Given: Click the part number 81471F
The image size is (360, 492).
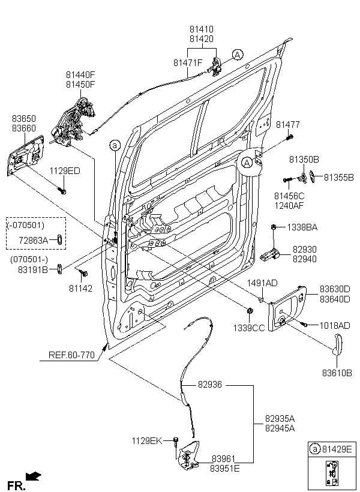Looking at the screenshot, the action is tap(188, 63).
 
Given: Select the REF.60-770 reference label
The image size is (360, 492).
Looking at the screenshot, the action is tap(71, 355).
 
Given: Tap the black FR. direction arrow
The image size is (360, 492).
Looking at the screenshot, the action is tap(33, 476).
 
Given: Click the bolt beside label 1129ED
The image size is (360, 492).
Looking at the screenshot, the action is tap(62, 190).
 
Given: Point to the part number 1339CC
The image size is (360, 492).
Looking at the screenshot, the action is tap(249, 328).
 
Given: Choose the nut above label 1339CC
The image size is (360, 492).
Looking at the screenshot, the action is tap(250, 311).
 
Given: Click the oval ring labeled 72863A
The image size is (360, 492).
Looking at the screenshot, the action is tap(59, 240).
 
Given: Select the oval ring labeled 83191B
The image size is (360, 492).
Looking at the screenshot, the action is tap(59, 269).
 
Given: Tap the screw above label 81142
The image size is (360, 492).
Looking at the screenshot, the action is tap(83, 273).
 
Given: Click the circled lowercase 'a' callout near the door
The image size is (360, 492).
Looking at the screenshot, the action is tap(115, 145).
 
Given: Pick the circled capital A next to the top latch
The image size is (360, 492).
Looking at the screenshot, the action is tap(238, 55).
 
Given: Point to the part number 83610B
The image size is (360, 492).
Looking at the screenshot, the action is tap(337, 373).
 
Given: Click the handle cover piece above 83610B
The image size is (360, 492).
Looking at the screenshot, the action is tap(338, 345).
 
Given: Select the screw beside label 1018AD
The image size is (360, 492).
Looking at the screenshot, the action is tap(304, 325).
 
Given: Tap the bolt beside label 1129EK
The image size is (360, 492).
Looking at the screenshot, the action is tap(176, 440).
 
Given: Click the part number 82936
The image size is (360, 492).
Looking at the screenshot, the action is tap(209, 385).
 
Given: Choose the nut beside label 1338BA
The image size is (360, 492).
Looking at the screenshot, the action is tap(274, 227).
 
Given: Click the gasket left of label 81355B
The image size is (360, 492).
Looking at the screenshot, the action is tap(314, 176).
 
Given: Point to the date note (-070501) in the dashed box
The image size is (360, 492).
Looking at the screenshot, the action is tap(25, 224).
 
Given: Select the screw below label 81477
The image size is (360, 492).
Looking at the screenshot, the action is tap(290, 137).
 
